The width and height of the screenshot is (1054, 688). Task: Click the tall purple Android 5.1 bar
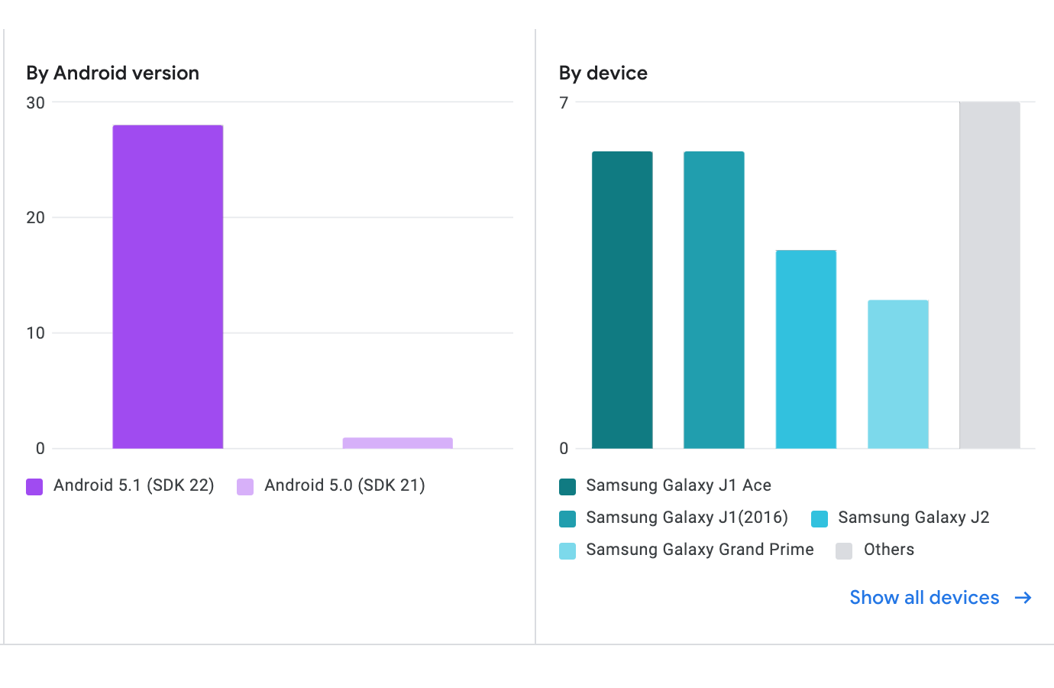(168, 287)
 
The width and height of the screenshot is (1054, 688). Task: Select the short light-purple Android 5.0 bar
(397, 443)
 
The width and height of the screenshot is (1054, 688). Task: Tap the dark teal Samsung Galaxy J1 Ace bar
(622, 300)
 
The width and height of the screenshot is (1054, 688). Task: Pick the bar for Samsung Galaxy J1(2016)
(714, 300)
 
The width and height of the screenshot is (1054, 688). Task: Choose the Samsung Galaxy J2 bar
(806, 349)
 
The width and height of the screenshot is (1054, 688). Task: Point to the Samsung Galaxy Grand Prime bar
(898, 375)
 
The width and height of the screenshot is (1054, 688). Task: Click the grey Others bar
(990, 275)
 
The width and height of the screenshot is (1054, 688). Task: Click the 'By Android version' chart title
(113, 73)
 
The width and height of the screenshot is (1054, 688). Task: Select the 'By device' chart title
(603, 73)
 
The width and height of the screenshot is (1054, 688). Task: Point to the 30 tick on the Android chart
(35, 102)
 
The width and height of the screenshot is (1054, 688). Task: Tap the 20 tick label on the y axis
(35, 218)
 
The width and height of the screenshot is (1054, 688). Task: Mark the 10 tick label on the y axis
(35, 333)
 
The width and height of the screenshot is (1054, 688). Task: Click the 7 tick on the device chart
(564, 102)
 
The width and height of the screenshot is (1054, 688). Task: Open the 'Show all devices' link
(924, 598)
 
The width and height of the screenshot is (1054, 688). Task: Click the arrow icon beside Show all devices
(1023, 598)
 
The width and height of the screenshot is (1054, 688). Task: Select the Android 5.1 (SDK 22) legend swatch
(34, 487)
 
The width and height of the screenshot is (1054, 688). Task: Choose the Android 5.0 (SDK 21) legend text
(344, 485)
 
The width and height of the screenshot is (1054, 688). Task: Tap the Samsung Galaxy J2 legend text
(913, 518)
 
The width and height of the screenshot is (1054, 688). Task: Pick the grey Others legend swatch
(844, 551)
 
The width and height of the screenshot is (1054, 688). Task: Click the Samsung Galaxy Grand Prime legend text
(700, 550)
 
